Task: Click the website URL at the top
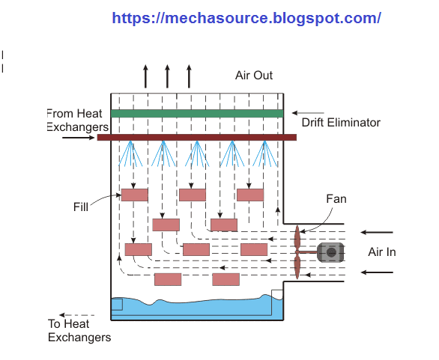tap(246, 18)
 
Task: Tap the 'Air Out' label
tap(254, 76)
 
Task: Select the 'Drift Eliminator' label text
tap(341, 123)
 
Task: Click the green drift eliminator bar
tap(197, 113)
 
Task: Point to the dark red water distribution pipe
tap(197, 137)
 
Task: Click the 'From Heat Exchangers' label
tap(78, 120)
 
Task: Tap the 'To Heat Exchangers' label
tap(79, 331)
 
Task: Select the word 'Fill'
tap(83, 206)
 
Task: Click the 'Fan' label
tap(336, 199)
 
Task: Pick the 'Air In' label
tap(381, 252)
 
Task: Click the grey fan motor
tap(329, 253)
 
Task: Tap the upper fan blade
tap(297, 236)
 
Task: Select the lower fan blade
tap(297, 267)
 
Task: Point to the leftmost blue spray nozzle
tap(132, 153)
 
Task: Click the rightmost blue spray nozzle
tap(262, 153)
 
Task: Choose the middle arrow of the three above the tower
tap(167, 76)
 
